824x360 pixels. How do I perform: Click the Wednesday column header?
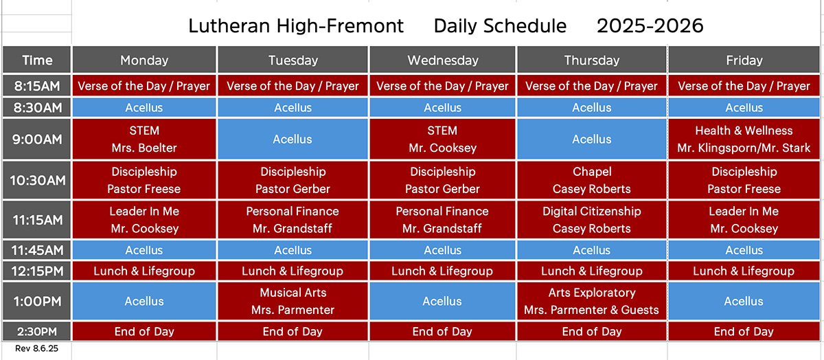[442, 60]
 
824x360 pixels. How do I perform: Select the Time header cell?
[37, 60]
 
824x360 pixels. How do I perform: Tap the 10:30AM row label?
[37, 181]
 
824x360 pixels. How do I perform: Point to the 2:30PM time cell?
[37, 331]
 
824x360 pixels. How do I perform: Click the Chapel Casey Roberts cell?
[591, 181]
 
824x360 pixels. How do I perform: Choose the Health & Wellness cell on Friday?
[744, 139]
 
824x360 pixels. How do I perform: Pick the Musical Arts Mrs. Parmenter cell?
[293, 301]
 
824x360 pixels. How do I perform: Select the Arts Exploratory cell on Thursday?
[591, 301]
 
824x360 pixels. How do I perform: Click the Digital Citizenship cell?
[591, 220]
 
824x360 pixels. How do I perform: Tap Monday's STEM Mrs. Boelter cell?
[144, 139]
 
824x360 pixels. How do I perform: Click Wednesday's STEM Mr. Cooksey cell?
[442, 139]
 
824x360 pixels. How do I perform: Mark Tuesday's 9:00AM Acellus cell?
[293, 139]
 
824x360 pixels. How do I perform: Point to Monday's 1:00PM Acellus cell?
[144, 301]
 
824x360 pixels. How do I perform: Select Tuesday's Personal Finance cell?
[293, 220]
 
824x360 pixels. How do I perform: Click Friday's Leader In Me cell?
[744, 220]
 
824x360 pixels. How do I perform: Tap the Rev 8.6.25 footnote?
[36, 348]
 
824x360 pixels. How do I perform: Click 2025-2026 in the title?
[650, 26]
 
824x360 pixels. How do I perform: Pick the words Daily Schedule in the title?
[500, 26]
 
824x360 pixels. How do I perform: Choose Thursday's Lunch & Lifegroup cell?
[591, 271]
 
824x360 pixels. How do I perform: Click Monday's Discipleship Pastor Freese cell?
[144, 181]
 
